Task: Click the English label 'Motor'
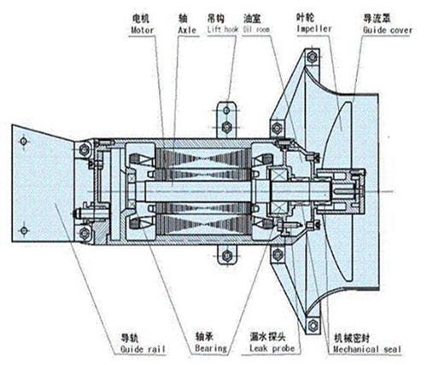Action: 142,30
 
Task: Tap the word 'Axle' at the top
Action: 187,30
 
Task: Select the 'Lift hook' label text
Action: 223,29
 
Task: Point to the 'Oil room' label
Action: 256,29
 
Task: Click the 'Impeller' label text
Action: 314,29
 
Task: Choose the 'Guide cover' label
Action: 388,30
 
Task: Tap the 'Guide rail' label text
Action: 143,349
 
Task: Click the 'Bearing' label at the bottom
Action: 211,348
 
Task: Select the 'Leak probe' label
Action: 272,348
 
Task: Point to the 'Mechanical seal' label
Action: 367,349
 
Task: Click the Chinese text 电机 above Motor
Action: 141,19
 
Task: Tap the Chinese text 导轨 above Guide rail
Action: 130,338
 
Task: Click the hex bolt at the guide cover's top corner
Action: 312,57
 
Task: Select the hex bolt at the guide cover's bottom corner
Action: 313,325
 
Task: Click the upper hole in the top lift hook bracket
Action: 226,110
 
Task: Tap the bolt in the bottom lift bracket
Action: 227,256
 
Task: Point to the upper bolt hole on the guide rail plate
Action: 23,141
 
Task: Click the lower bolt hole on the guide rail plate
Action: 24,230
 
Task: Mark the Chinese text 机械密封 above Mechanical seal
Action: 352,339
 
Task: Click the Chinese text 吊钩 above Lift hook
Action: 216,18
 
